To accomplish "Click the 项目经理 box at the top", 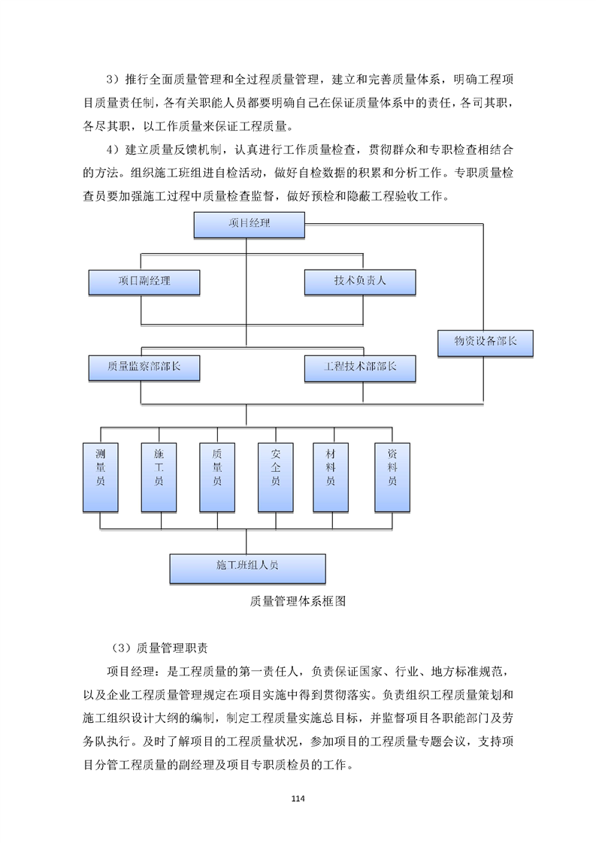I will click(x=249, y=225).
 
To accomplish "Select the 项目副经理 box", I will click(x=144, y=282).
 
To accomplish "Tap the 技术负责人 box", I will click(x=360, y=282).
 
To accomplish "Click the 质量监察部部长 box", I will click(x=144, y=368).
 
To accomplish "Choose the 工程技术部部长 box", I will click(x=360, y=368).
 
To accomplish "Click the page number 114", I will click(x=298, y=797).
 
